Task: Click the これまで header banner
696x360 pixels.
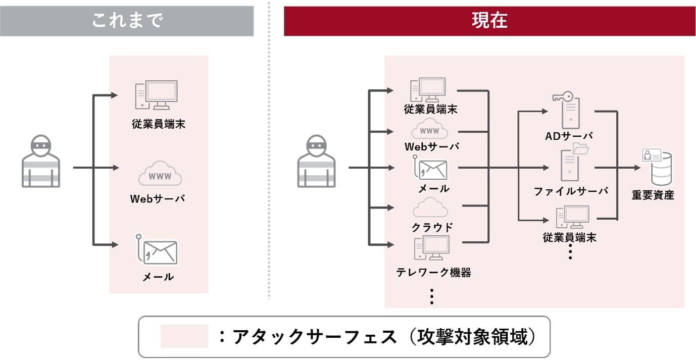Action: coord(127,21)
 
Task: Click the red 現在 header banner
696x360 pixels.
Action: coord(489,21)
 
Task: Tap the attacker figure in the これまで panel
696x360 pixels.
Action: coord(41,161)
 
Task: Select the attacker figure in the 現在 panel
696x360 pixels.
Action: coord(316,161)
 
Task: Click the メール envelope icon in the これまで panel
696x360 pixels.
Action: coord(160,251)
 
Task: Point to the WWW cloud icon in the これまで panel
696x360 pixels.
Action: coord(160,175)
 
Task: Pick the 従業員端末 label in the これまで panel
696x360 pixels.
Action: coord(159,124)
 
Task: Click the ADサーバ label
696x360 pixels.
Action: coord(569,136)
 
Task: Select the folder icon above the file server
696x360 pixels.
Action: coord(581,148)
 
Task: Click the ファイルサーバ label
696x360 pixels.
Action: coord(571,191)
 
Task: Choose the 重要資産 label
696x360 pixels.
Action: coord(653,195)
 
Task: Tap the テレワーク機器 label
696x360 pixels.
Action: coord(433,273)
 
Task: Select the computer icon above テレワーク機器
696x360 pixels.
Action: coord(431,248)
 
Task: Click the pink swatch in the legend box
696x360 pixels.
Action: coord(184,336)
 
